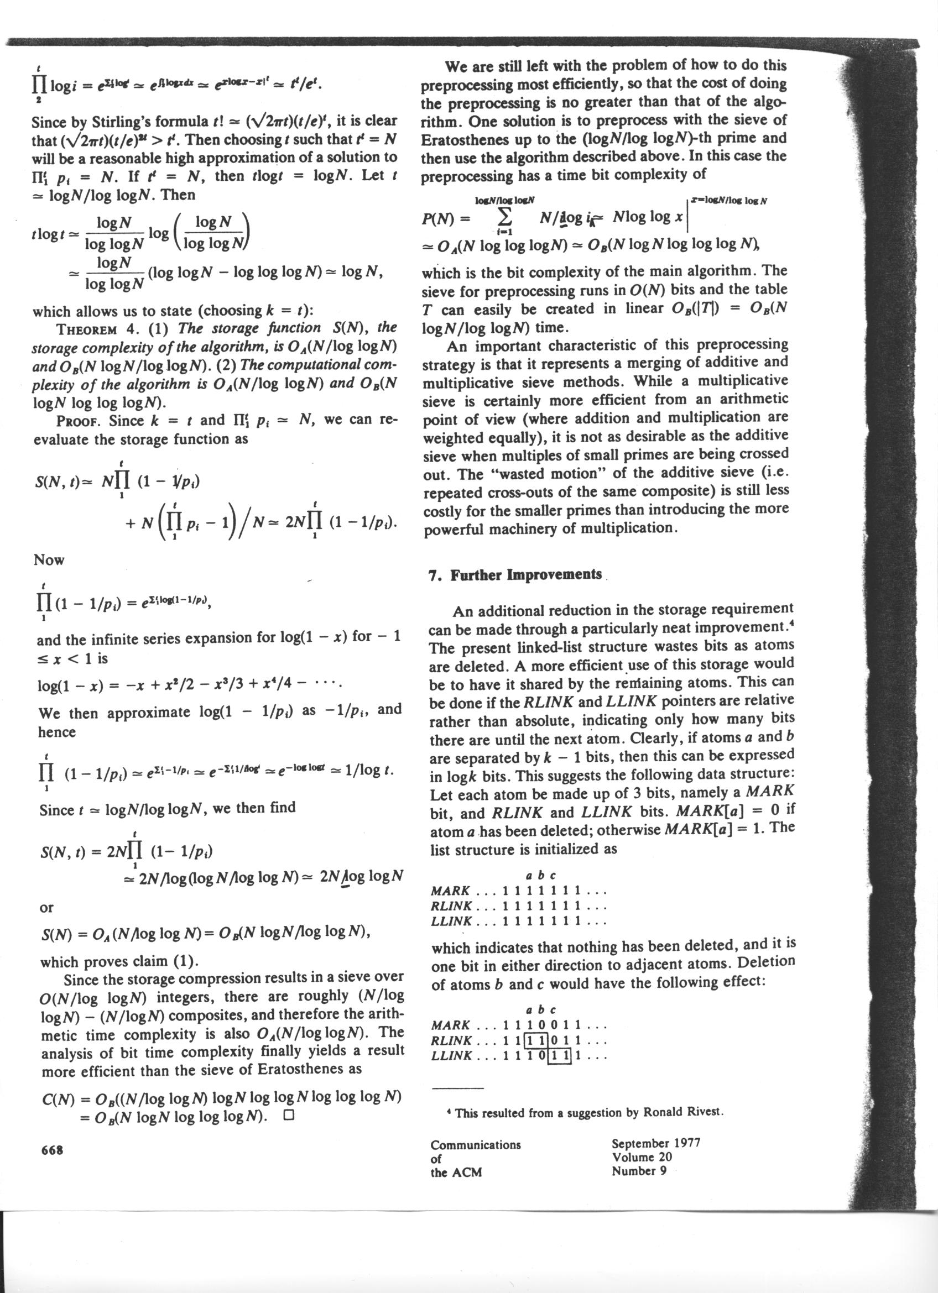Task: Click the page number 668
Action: (x=52, y=1149)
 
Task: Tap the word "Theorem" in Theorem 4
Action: (x=86, y=329)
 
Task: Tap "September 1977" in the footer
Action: (x=656, y=1143)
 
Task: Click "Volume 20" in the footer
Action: (x=642, y=1157)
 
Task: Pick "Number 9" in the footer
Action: (x=639, y=1171)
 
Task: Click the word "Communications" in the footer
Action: (x=476, y=1145)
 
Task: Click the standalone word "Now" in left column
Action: (x=49, y=560)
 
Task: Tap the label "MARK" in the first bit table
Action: (x=450, y=891)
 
